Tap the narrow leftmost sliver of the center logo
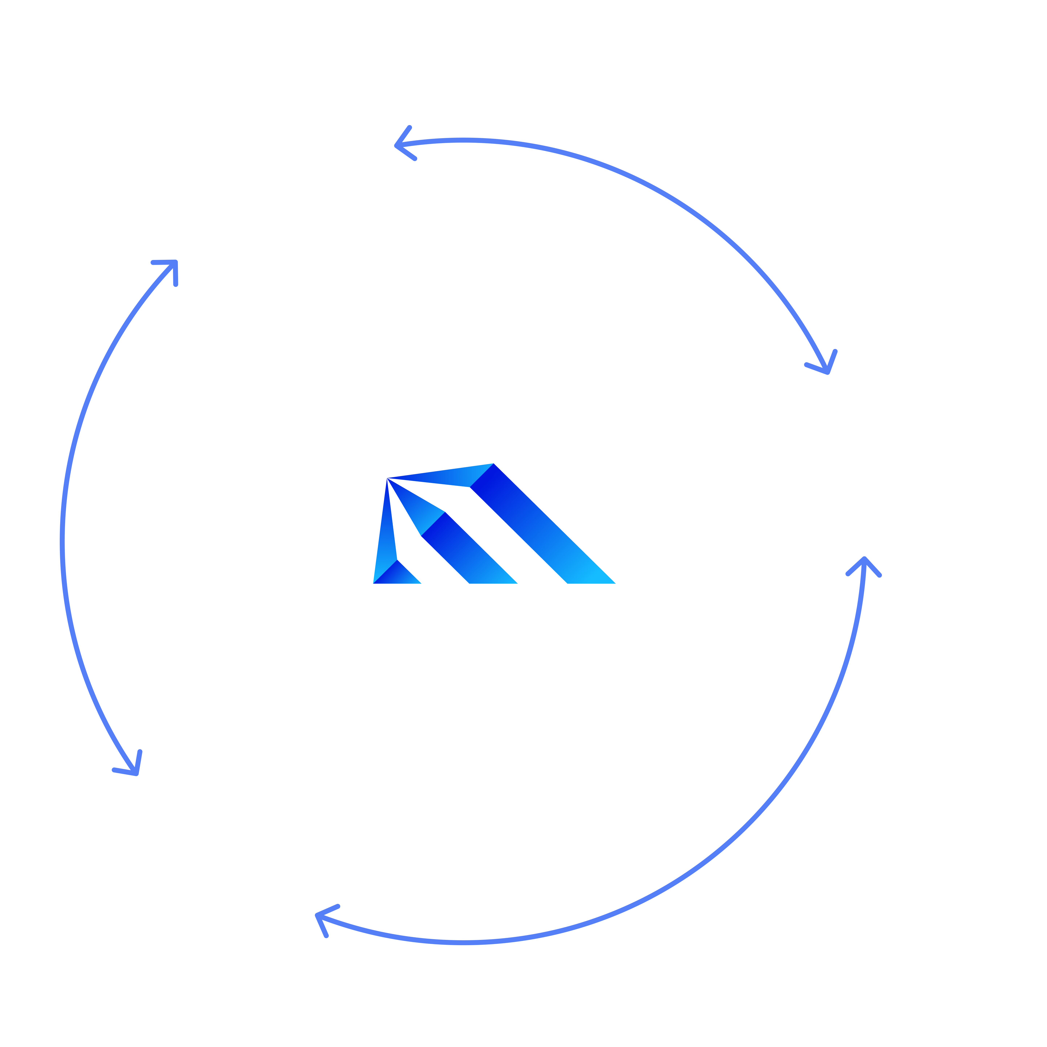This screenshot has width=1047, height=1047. (385, 536)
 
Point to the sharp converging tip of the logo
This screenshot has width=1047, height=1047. (388, 479)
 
